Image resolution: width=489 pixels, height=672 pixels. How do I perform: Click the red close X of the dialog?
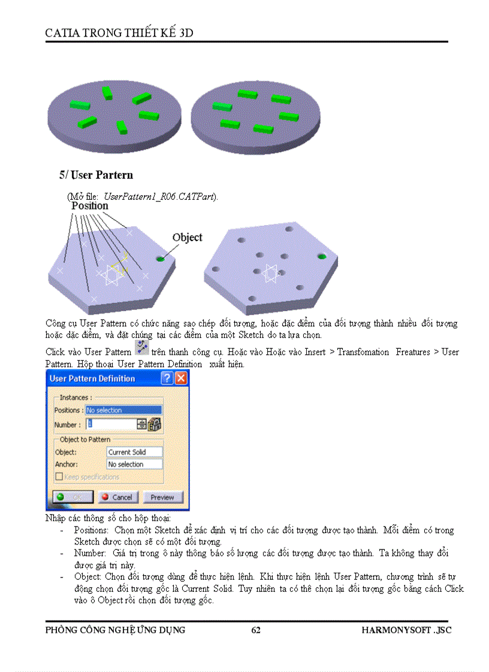[x=180, y=379]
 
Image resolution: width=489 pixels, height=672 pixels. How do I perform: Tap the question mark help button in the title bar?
[x=167, y=379]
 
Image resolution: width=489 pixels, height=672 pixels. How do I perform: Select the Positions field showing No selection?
[x=123, y=411]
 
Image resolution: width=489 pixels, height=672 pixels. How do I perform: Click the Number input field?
[x=111, y=424]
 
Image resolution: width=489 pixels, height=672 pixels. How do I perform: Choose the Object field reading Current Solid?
[x=134, y=452]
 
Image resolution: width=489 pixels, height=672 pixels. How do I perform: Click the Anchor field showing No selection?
[x=134, y=464]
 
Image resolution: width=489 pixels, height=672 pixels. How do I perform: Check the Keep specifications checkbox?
[x=59, y=477]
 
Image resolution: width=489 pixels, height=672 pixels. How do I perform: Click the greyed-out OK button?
[x=73, y=497]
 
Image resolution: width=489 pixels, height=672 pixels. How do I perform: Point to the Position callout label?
[x=90, y=206]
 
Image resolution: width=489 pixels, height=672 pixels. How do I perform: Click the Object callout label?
[x=187, y=238]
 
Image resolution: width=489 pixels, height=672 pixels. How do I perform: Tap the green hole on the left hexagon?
[x=161, y=259]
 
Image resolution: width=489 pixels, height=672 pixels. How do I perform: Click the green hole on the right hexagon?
[x=322, y=257]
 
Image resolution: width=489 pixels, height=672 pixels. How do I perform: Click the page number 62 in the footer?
[x=256, y=630]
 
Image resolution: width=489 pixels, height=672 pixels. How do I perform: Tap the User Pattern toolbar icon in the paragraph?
[x=142, y=348]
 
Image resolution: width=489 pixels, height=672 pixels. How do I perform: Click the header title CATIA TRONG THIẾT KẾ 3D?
[x=119, y=33]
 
